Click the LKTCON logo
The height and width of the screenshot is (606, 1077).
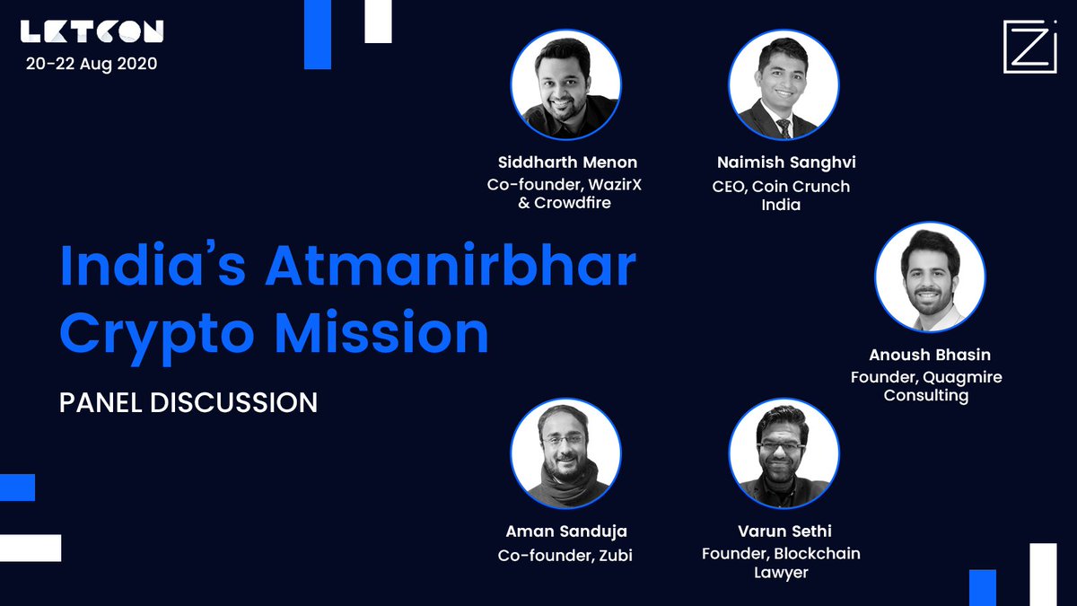tap(92, 32)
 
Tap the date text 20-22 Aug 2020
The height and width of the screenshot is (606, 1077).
tap(92, 65)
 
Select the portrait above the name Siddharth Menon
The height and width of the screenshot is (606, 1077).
tap(566, 88)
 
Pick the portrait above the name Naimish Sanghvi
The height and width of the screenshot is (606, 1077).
tap(784, 88)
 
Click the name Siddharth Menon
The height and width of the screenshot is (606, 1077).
tap(567, 162)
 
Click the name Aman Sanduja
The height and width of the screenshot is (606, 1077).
tap(565, 531)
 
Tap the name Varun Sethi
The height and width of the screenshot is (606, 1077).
tap(781, 531)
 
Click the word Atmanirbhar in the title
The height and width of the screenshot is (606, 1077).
tap(451, 268)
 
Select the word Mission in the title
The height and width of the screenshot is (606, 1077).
tap(381, 333)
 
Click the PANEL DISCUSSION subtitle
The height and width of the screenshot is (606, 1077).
tap(188, 402)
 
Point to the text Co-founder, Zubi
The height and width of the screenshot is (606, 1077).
tap(565, 555)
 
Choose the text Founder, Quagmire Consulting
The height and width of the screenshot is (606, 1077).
tap(926, 386)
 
